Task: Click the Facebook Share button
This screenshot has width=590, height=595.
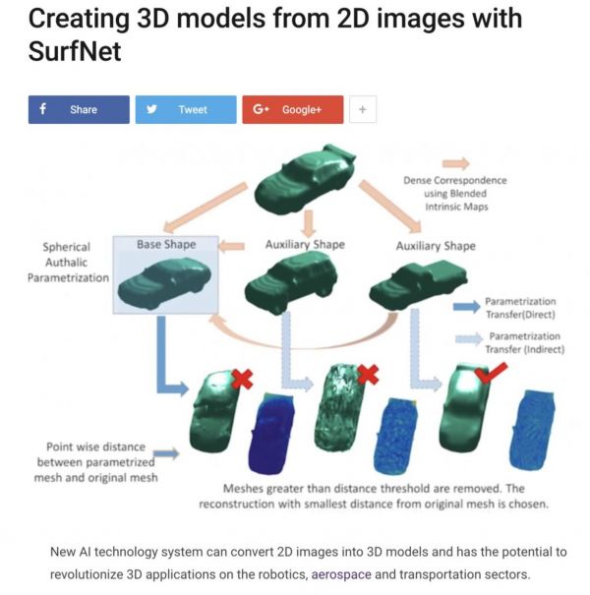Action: pyautogui.click(x=79, y=109)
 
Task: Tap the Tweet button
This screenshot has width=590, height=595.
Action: pyautogui.click(x=186, y=109)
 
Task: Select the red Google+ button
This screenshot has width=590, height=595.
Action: pyautogui.click(x=292, y=109)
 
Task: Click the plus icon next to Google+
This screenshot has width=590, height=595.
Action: pyautogui.click(x=362, y=109)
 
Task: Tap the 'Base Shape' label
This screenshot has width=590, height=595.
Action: pyautogui.click(x=166, y=244)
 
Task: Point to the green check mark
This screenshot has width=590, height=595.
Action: pyautogui.click(x=490, y=372)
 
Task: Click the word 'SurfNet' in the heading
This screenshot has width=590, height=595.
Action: pyautogui.click(x=75, y=51)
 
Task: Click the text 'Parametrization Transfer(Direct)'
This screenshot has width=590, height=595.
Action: pyautogui.click(x=521, y=308)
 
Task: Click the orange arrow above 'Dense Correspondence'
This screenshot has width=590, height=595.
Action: pyautogui.click(x=455, y=163)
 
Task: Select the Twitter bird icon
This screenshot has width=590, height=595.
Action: pyautogui.click(x=152, y=109)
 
